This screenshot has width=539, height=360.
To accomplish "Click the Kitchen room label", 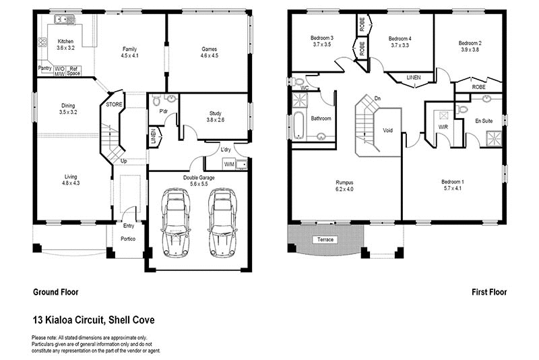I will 65,41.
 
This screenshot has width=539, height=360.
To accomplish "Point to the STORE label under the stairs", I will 115,104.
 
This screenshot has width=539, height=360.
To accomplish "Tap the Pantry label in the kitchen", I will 45,68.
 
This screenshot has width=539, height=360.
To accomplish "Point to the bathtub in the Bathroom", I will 296,125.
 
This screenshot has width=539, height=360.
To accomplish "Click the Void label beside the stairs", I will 387,130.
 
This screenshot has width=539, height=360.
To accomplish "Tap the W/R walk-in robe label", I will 443,126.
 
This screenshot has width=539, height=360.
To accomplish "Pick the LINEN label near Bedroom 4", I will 413,78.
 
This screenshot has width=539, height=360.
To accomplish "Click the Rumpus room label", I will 345,182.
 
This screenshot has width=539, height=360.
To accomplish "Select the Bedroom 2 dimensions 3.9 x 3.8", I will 471,49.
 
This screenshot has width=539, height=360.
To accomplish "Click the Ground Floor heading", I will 55,293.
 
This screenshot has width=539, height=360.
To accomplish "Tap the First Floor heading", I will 489,293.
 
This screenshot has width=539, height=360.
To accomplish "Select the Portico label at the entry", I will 128,238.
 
